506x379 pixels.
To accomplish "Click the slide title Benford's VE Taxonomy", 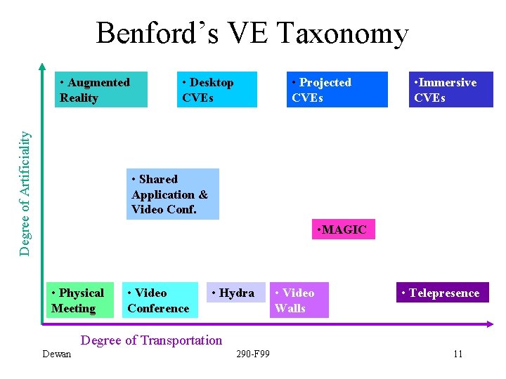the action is [252, 33].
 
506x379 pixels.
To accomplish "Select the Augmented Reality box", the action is [101, 90].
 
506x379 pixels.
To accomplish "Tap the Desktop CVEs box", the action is [216, 90].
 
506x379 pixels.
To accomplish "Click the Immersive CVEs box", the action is [450, 90].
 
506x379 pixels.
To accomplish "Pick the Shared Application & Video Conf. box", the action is [172, 194].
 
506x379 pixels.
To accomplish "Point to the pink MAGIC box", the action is [343, 230].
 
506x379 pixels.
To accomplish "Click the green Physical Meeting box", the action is [80, 300].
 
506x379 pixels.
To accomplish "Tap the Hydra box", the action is [236, 293].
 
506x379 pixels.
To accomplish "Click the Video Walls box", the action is [299, 300].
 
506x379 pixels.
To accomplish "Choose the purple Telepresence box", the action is [442, 293].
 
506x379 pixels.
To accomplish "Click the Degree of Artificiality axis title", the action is [25, 194].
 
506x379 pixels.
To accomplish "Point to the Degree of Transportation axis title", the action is [152, 340].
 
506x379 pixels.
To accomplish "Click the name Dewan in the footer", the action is [56, 354].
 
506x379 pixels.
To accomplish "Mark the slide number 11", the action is [458, 354].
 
